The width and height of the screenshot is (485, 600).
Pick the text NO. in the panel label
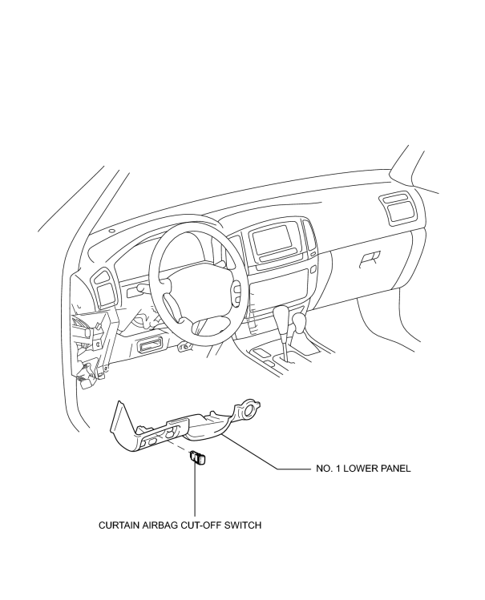(323, 469)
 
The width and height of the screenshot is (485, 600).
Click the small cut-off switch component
(197, 457)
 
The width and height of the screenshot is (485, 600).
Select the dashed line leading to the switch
(177, 445)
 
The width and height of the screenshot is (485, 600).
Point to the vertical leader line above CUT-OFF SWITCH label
(195, 489)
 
